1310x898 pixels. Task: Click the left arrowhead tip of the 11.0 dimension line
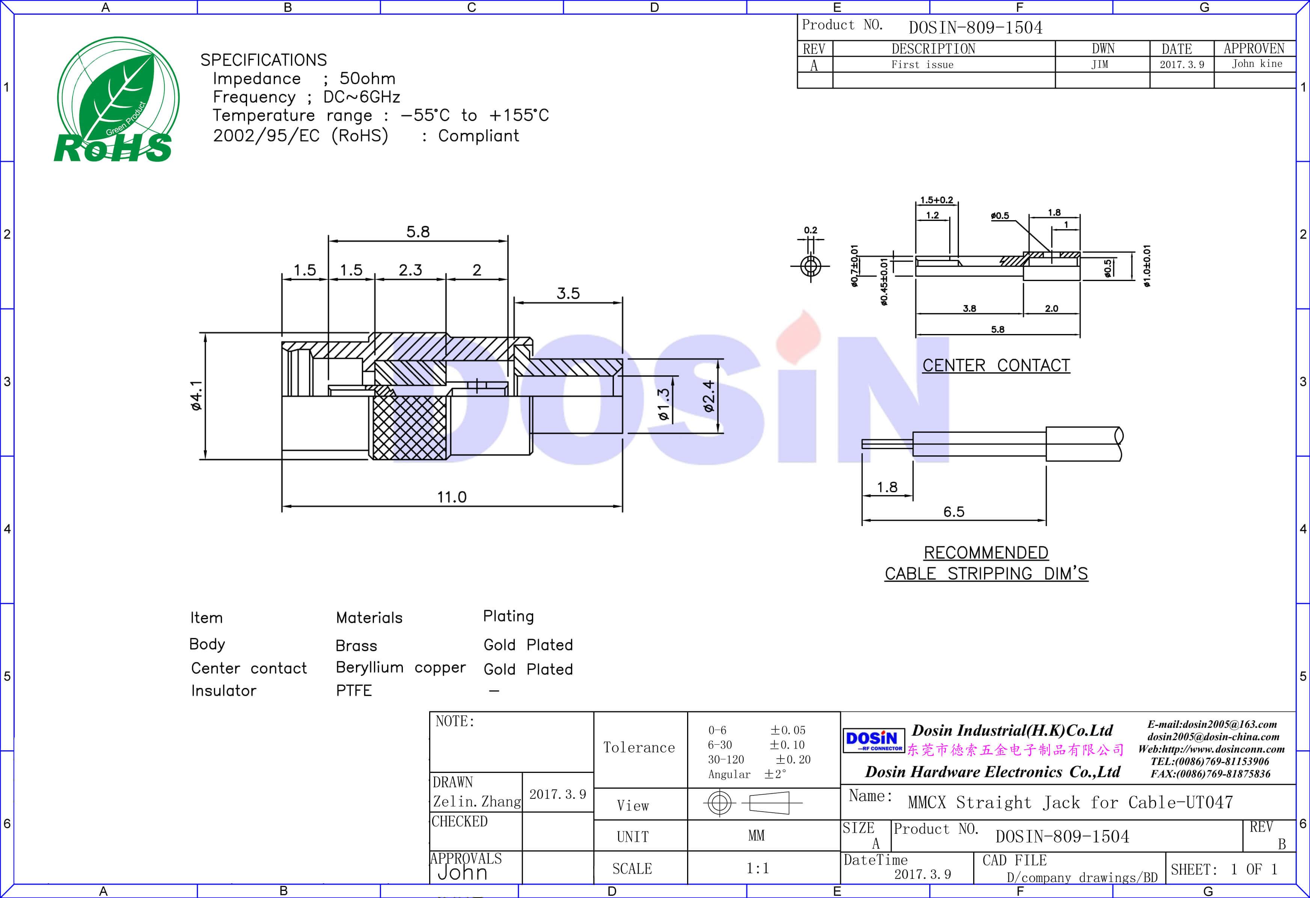(x=282, y=506)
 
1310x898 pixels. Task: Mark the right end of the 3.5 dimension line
(x=622, y=303)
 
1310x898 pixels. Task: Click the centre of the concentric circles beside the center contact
(x=811, y=266)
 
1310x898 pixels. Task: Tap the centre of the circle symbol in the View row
(x=719, y=802)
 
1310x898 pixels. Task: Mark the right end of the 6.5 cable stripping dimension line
(x=1046, y=520)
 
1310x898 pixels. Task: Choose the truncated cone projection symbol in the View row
(x=769, y=802)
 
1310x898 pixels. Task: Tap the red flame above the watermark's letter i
(x=798, y=337)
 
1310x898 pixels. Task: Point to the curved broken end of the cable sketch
(x=1119, y=444)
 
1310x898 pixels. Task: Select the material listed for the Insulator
(x=354, y=691)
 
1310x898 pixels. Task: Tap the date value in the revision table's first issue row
(x=1182, y=64)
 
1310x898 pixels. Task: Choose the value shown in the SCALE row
(x=758, y=868)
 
